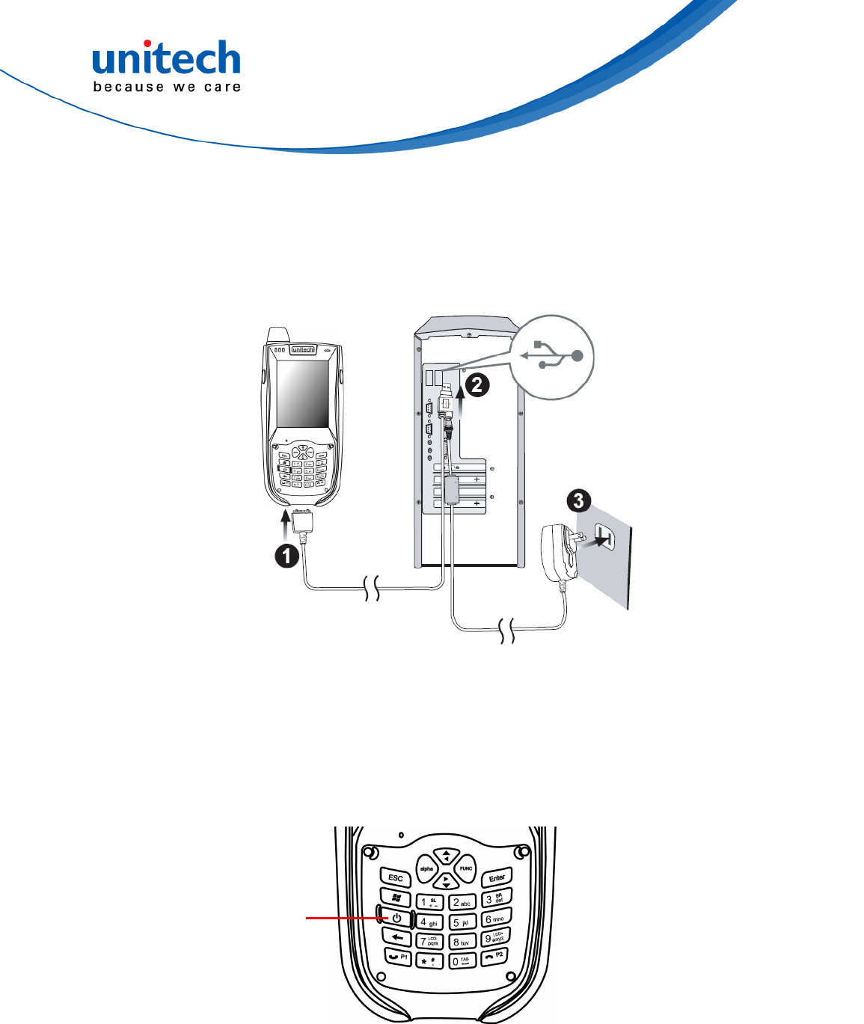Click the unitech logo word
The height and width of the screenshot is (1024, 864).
coord(166,58)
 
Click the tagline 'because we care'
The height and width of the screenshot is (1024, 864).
coord(166,88)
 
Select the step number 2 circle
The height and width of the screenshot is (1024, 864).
coord(477,385)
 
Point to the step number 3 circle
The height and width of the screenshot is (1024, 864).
coord(578,500)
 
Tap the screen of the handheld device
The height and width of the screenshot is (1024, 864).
coord(302,394)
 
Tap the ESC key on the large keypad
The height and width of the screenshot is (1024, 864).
coord(396,877)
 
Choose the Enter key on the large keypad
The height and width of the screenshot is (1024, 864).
coord(497,877)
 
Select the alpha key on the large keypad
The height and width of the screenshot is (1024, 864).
coord(426,868)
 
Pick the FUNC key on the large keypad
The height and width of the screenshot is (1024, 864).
coord(465,868)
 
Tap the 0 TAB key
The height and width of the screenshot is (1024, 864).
coord(462,960)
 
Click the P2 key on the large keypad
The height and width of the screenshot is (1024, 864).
coord(494,956)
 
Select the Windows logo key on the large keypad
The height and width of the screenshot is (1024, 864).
coord(396,897)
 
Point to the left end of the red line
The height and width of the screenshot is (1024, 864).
coord(307,916)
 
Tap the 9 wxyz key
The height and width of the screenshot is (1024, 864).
coord(495,937)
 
